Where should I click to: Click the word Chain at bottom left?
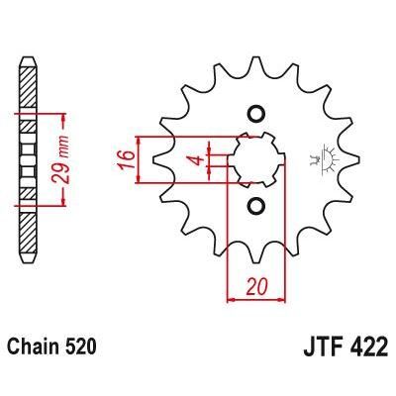[x=33, y=349]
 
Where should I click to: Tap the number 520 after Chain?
[x=80, y=349]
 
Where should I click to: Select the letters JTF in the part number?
[x=316, y=349]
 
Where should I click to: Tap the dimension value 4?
[x=196, y=159]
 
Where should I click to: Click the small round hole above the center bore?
[x=255, y=113]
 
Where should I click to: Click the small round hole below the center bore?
[x=255, y=206]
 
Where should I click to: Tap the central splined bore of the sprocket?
[x=255, y=159]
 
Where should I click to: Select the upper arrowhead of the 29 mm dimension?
[x=65, y=115]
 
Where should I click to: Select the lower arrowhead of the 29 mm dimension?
[x=65, y=201]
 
